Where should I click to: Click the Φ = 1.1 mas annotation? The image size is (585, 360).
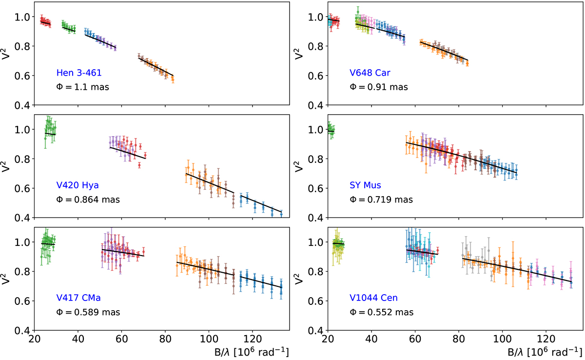83,87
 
